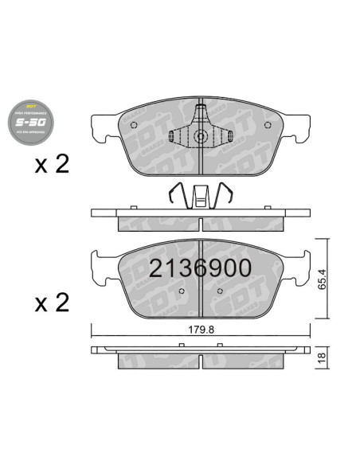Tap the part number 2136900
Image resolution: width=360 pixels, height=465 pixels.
pos(200,268)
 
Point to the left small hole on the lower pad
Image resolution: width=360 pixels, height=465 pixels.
pos(183,291)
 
